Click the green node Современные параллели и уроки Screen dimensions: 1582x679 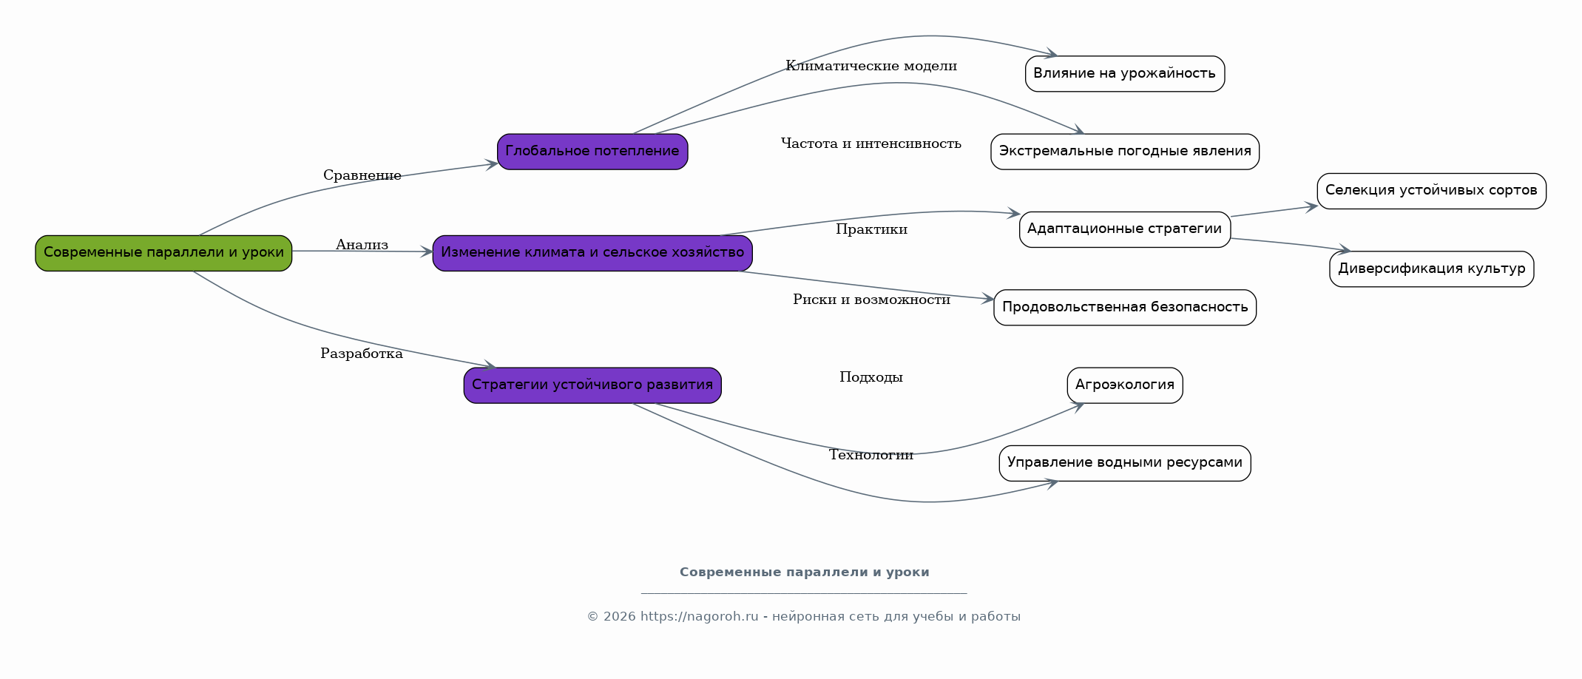(163, 253)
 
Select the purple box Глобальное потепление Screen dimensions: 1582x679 (592, 152)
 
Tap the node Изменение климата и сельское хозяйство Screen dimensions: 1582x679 (592, 253)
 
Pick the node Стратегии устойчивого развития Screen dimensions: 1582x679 (592, 385)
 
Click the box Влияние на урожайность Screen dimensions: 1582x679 (1125, 74)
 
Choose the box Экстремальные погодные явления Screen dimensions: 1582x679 (1125, 152)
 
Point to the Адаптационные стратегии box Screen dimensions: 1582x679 (1125, 229)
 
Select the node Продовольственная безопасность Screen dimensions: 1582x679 (1125, 308)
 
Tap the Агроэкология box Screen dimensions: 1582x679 (1125, 385)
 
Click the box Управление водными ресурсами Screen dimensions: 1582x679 (1125, 463)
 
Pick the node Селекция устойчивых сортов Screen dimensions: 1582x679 (1431, 191)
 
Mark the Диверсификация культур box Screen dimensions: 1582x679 (1431, 269)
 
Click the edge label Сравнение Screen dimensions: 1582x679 (362, 175)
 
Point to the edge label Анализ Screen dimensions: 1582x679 (362, 245)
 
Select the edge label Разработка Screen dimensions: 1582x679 (362, 354)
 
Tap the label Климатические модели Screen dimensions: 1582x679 (871, 66)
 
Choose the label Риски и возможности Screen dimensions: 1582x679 (871, 300)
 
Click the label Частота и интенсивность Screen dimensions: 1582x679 (871, 143)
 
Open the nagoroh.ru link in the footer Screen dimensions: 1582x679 (700, 617)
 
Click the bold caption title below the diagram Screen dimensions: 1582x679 (805, 572)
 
